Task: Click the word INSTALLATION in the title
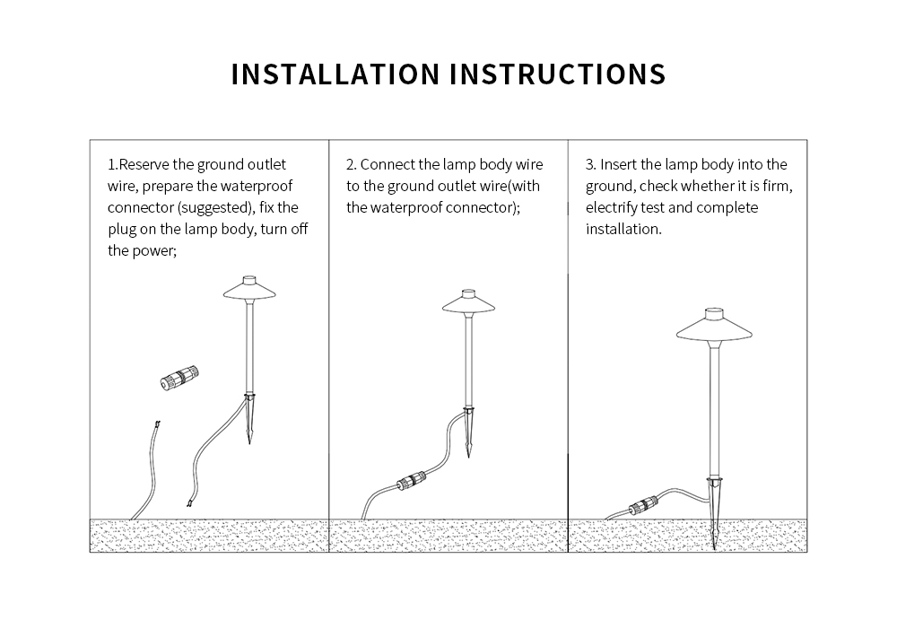(335, 74)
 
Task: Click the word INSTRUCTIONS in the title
(557, 74)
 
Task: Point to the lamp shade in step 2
(468, 304)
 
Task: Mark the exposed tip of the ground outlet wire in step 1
(157, 424)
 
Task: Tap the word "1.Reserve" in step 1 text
(137, 165)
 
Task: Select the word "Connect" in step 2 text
(388, 165)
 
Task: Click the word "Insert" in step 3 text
(619, 165)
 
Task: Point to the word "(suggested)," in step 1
(213, 208)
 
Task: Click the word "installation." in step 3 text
(623, 230)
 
